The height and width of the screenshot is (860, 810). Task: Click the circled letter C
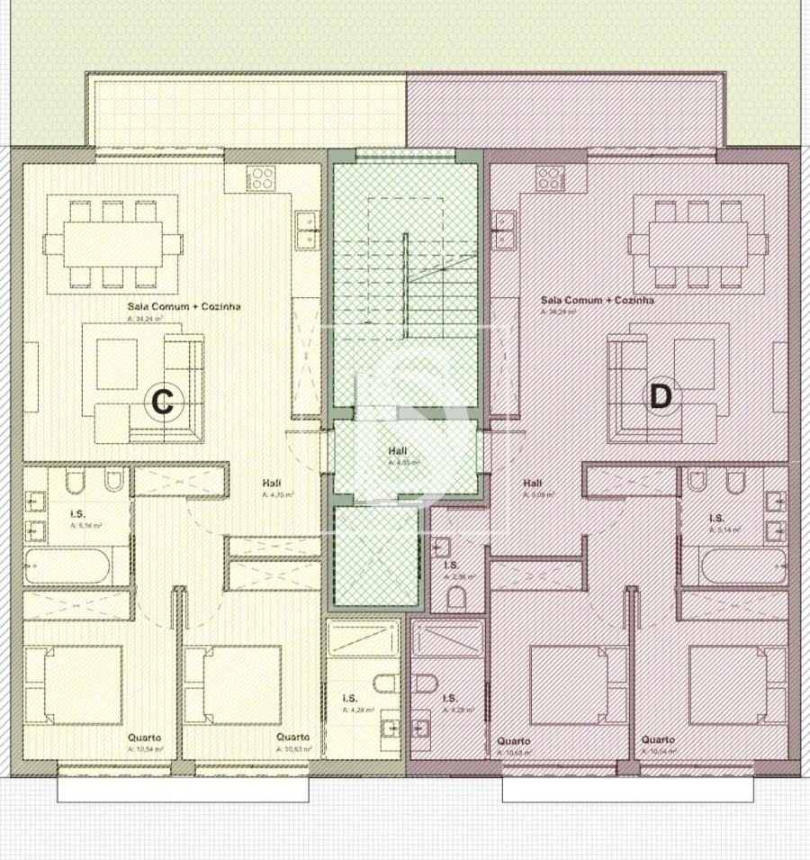(x=162, y=401)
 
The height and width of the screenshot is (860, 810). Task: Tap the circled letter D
(x=661, y=396)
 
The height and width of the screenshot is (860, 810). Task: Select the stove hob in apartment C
(x=261, y=178)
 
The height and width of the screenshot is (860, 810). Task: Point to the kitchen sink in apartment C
(x=307, y=229)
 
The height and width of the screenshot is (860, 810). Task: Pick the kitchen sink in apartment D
(x=503, y=229)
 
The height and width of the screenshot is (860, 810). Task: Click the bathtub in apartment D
(x=743, y=567)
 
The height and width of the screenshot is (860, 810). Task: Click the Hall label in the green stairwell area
(x=397, y=450)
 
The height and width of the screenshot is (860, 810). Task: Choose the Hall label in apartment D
(x=533, y=482)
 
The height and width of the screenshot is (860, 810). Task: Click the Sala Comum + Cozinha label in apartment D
(x=597, y=301)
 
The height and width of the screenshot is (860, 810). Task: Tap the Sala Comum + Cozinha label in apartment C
(x=184, y=306)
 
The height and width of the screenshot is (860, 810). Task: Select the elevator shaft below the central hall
(x=377, y=556)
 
